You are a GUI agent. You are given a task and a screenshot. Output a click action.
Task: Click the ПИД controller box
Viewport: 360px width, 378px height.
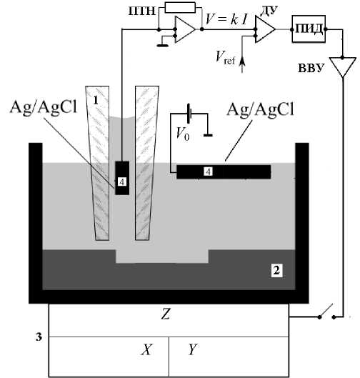[309, 29]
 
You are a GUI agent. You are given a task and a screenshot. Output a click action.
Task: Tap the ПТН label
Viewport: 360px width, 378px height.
[142, 11]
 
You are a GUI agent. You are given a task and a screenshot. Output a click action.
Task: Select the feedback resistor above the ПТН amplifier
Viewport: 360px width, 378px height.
[180, 7]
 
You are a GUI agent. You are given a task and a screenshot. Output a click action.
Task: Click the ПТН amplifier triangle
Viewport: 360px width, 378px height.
[185, 29]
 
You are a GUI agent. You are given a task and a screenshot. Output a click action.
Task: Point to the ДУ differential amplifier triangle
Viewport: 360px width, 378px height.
[265, 29]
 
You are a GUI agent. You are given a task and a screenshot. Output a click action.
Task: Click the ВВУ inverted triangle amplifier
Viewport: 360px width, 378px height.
[343, 66]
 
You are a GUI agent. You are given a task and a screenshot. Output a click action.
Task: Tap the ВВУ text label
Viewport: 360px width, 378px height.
[311, 68]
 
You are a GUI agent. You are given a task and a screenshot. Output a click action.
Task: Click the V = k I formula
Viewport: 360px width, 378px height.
[226, 19]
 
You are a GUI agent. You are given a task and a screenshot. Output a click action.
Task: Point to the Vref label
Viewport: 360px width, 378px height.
[225, 58]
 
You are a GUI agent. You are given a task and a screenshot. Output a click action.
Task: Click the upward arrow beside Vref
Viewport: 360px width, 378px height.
[242, 64]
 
